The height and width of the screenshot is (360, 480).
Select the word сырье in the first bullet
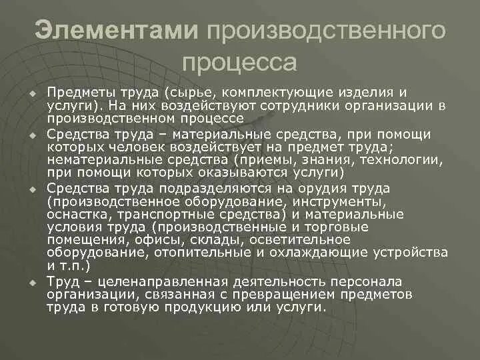coord(197,93)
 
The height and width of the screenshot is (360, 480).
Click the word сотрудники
coord(287,105)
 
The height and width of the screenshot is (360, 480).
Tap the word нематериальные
coord(98,159)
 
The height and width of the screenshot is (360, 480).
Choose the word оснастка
coord(74,214)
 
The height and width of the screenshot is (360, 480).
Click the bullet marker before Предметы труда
coord(31,93)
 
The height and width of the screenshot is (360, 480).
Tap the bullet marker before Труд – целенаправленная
coord(31,282)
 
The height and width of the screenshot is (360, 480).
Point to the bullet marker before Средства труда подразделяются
coord(31,189)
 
